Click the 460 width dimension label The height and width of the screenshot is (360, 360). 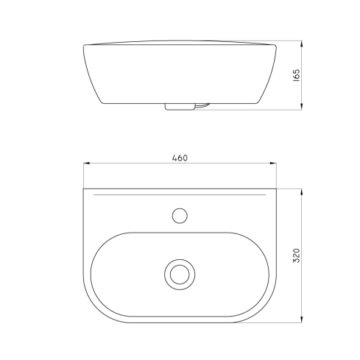click(x=180, y=158)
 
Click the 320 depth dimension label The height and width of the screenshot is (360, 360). click(x=297, y=255)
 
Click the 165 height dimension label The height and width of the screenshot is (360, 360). click(x=297, y=75)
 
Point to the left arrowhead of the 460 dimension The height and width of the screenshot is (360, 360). click(x=87, y=163)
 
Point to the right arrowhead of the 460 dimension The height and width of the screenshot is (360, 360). click(x=273, y=163)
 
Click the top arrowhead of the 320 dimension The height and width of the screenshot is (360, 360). click(x=302, y=193)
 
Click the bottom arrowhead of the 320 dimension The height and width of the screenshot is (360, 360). click(x=302, y=319)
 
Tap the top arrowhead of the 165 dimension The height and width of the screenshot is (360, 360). click(x=302, y=45)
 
